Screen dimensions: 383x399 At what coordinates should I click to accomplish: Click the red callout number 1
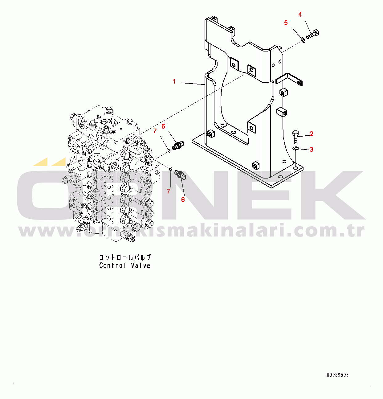[x=174, y=81]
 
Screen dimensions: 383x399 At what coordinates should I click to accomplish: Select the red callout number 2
[x=312, y=134]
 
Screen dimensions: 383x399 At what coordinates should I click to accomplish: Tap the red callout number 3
[x=312, y=150]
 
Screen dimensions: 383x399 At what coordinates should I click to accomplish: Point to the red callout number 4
[x=300, y=14]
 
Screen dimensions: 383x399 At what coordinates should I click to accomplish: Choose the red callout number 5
[x=286, y=23]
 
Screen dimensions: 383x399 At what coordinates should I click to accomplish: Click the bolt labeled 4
[x=313, y=34]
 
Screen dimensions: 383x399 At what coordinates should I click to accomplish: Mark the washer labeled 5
[x=303, y=40]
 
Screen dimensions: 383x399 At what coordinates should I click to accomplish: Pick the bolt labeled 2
[x=295, y=137]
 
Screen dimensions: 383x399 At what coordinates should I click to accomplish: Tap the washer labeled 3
[x=295, y=149]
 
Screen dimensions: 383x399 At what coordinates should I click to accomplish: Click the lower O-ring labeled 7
[x=171, y=168]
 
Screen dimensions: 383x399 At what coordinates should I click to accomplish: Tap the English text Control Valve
[x=125, y=265]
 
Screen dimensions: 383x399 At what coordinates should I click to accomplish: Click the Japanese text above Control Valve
[x=125, y=257]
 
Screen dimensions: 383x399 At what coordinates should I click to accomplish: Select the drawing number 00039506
[x=338, y=375]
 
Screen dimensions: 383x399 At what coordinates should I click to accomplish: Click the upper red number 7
[x=155, y=131]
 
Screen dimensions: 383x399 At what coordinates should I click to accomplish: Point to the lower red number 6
[x=183, y=200]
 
